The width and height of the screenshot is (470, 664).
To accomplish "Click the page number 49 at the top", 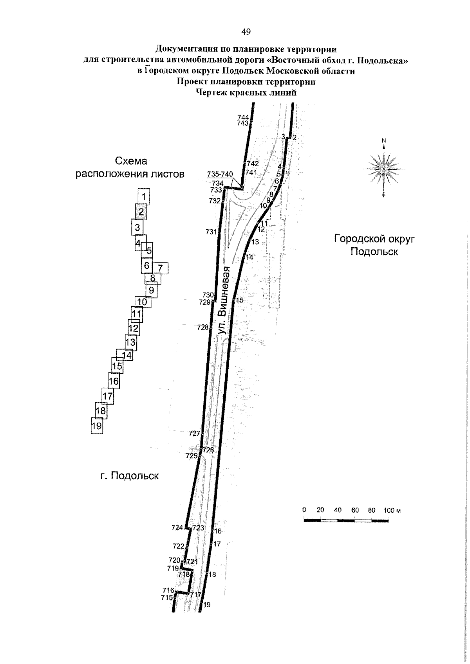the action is tap(246, 32).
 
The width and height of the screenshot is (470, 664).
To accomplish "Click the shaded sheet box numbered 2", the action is tap(141, 212).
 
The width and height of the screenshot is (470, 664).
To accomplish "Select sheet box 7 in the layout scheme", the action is tap(160, 268).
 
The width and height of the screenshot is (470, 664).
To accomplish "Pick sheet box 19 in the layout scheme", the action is tap(97, 426).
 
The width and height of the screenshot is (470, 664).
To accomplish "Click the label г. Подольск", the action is tap(130, 476).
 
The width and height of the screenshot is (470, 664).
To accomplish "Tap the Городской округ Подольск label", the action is tap(374, 245).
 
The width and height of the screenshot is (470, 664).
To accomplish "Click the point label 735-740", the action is tap(220, 174).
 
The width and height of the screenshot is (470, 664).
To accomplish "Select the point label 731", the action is tap(211, 232).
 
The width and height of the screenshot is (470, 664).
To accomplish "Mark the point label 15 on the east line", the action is tap(239, 300).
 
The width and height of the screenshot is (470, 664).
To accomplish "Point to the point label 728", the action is tap(203, 327).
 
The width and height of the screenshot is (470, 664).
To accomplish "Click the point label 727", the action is tap(195, 434).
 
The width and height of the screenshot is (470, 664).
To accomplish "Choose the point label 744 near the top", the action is tap(243, 117).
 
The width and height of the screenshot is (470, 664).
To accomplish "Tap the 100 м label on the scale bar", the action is tap(392, 511).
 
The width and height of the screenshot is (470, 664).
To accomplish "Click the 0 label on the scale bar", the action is tap(304, 510).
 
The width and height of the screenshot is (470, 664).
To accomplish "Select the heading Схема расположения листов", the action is tap(130, 167).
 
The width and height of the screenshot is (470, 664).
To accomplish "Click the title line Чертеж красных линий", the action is tap(246, 92).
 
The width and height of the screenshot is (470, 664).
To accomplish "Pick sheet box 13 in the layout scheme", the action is tap(130, 342).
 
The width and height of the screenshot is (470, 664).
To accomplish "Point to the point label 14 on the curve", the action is tap(249, 257).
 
